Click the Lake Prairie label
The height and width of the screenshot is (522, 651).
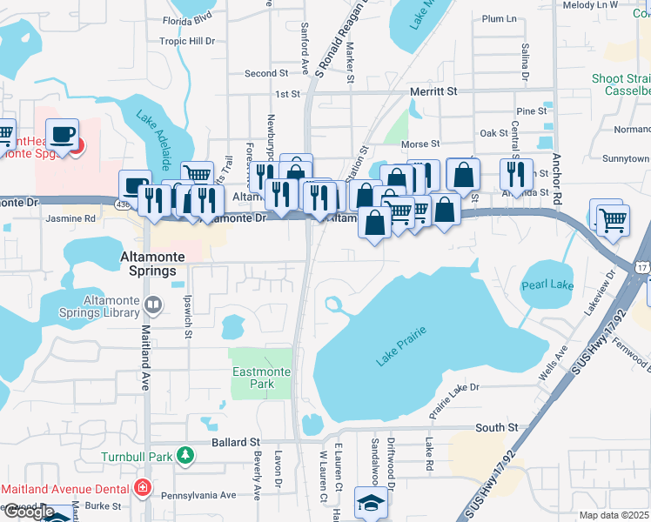pyautogui.click(x=401, y=345)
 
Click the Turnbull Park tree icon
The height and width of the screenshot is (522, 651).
pyautogui.click(x=185, y=455)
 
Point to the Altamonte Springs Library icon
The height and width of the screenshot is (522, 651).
pyautogui.click(x=153, y=304)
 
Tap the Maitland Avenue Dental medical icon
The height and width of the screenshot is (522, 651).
pyautogui.click(x=142, y=488)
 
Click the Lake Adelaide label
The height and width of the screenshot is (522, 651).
pyautogui.click(x=152, y=139)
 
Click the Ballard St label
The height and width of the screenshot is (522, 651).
pyautogui.click(x=237, y=443)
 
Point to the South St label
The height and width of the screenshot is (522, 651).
pyautogui.click(x=496, y=427)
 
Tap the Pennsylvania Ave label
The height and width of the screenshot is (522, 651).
pyautogui.click(x=204, y=495)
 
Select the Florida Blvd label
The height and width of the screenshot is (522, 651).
pyautogui.click(x=188, y=17)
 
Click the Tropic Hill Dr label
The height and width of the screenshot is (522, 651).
pyautogui.click(x=186, y=41)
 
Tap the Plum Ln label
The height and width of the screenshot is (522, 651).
pyautogui.click(x=499, y=18)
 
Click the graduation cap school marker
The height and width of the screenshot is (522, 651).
pyautogui.click(x=371, y=503)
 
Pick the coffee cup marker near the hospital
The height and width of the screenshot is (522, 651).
pyautogui.click(x=62, y=135)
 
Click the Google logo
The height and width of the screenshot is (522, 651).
pyautogui.click(x=28, y=512)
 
